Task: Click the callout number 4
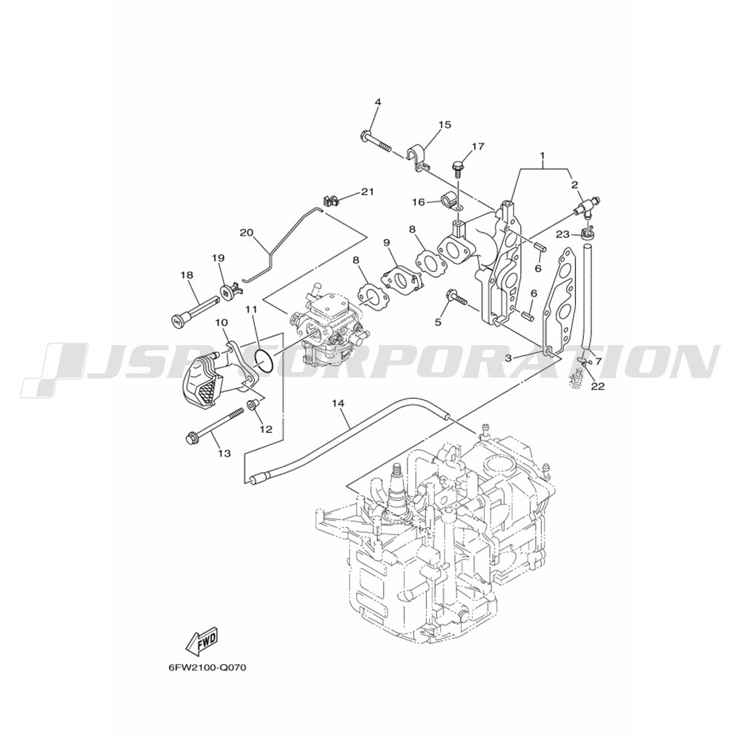tap(378, 102)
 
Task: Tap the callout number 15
tap(444, 124)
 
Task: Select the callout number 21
tap(368, 191)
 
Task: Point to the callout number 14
tap(338, 403)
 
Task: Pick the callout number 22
tap(598, 386)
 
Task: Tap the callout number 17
tap(478, 147)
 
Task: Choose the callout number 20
tap(247, 233)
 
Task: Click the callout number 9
tap(387, 242)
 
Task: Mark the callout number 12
tap(266, 429)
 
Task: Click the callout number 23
tap(562, 233)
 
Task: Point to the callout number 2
tap(575, 185)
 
